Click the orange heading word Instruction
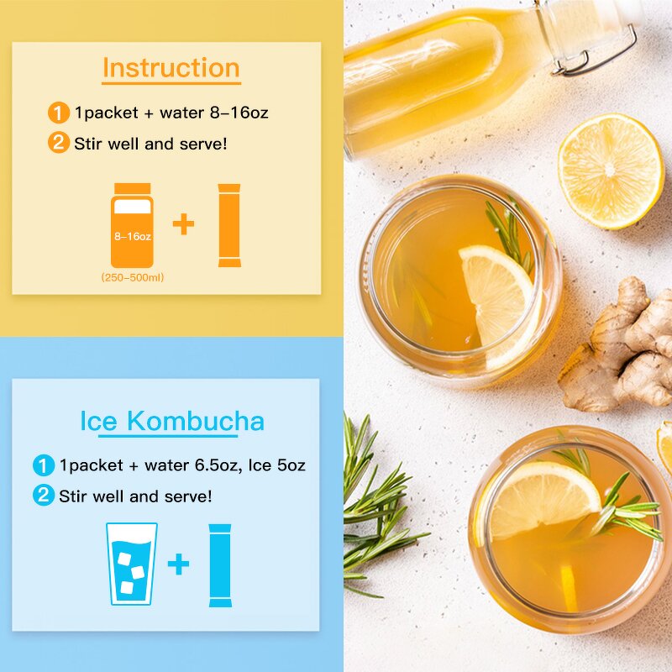[171, 68]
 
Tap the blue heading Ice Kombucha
[172, 421]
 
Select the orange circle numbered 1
[58, 113]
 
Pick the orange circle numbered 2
[58, 143]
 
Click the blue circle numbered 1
[43, 465]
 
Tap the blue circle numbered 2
[43, 496]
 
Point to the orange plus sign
[183, 224]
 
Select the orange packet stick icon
[229, 225]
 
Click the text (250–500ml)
[133, 277]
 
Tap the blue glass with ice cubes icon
[132, 563]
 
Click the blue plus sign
[178, 564]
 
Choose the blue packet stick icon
[220, 564]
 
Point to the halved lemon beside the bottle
[611, 171]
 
